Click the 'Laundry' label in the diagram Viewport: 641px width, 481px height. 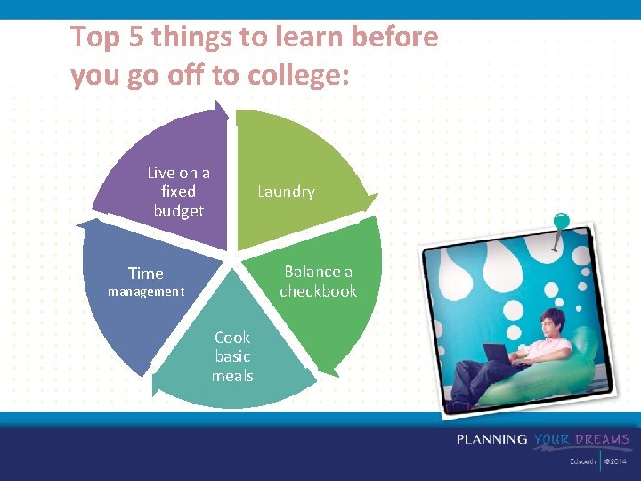(286, 192)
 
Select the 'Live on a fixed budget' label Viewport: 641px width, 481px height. (178, 192)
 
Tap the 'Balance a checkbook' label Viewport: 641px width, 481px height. (318, 281)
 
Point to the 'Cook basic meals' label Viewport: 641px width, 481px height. (232, 356)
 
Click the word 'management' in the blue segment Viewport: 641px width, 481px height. (146, 291)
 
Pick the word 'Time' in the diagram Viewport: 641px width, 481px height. (146, 273)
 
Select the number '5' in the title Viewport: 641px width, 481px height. (134, 37)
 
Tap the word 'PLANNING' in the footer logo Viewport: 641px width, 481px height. (492, 439)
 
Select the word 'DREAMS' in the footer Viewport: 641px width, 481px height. (601, 439)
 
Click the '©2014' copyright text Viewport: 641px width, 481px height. (616, 462)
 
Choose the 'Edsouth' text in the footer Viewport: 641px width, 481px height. (582, 462)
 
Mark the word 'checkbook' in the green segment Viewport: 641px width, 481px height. (318, 291)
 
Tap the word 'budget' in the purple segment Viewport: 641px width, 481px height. (178, 211)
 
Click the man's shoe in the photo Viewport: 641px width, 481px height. (457, 404)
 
